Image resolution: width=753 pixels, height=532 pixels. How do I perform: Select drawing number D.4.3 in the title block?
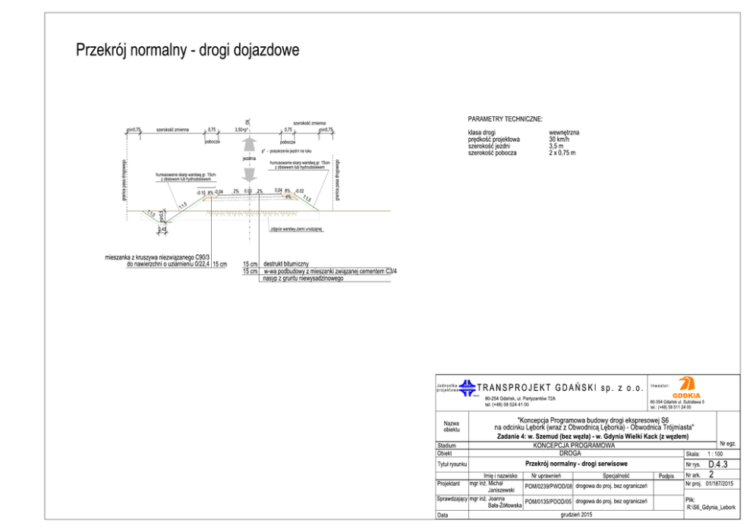pyautogui.click(x=717, y=464)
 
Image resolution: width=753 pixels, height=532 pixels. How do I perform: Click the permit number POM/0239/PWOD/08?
pyautogui.click(x=548, y=484)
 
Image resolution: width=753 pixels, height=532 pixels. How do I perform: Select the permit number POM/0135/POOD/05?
pyautogui.click(x=548, y=502)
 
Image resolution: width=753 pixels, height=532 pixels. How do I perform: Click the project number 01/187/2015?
pyautogui.click(x=719, y=483)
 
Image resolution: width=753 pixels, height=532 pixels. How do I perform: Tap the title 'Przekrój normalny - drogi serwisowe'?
pyautogui.click(x=575, y=464)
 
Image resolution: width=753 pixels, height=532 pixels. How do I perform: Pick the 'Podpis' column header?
pyautogui.click(x=667, y=475)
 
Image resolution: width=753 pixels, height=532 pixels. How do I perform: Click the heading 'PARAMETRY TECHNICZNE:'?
pyautogui.click(x=505, y=120)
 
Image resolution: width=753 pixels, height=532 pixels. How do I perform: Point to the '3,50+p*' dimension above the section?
pyautogui.click(x=243, y=131)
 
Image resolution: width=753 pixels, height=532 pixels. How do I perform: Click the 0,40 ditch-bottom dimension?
pyautogui.click(x=162, y=229)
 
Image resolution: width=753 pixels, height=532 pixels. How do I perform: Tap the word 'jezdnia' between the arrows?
pyautogui.click(x=249, y=159)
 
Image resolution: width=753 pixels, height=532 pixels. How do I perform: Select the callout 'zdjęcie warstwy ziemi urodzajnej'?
pyautogui.click(x=296, y=229)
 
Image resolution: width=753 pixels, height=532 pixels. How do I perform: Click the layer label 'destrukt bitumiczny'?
pyautogui.click(x=285, y=263)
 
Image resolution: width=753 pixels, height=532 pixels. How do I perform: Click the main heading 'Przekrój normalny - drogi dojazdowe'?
pyautogui.click(x=187, y=50)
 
